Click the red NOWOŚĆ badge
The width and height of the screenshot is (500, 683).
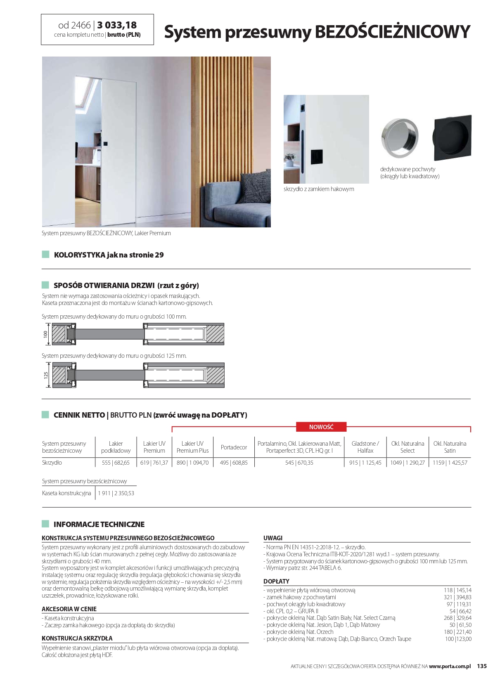point(321,427)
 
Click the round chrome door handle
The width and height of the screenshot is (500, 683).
point(399,138)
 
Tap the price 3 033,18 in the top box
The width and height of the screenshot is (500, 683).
point(117,25)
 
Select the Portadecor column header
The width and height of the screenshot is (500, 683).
point(234,447)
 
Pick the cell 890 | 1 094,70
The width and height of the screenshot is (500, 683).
point(192,463)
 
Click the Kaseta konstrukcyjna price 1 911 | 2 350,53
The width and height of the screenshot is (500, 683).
point(116,493)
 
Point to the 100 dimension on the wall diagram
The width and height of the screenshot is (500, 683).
point(46,334)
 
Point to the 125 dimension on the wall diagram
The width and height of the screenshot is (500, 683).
point(46,375)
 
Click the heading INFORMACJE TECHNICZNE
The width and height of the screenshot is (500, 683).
point(99,524)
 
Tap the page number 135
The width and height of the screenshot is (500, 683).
point(482,666)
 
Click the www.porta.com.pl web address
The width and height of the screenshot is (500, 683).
point(450,666)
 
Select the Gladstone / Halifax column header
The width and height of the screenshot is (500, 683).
point(365,447)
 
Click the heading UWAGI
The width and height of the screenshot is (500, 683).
point(273,538)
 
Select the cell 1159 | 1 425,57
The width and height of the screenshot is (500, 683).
point(450,463)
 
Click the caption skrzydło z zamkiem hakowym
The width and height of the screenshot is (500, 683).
point(319,189)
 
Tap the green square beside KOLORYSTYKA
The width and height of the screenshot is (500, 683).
point(45,255)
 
